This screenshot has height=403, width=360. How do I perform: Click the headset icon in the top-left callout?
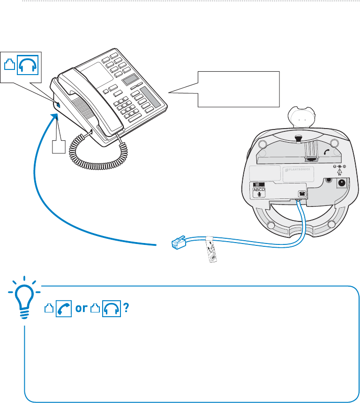click(x=27, y=65)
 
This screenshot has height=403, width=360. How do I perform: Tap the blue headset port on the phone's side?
click(x=58, y=106)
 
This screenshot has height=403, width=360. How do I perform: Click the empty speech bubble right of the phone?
click(x=238, y=89)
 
